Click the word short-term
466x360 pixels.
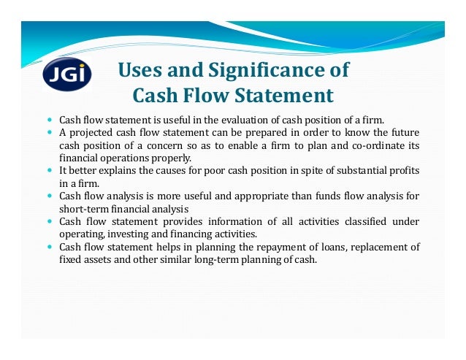pyautogui.click(x=82, y=208)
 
